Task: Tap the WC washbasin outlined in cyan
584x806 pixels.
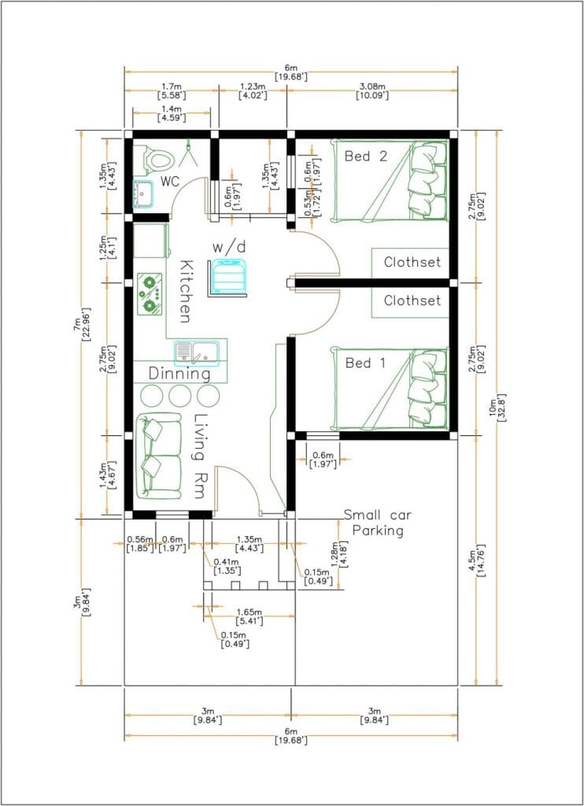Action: click(143, 194)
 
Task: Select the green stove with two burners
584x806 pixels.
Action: click(150, 294)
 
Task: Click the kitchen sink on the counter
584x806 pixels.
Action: click(197, 353)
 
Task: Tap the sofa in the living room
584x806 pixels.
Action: click(159, 456)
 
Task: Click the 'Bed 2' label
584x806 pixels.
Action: click(366, 157)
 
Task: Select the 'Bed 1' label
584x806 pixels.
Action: click(365, 363)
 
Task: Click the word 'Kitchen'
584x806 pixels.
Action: click(186, 291)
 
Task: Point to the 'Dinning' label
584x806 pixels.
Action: click(180, 374)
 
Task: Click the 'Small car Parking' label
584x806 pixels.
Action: click(378, 523)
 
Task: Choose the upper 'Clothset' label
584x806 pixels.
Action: click(412, 262)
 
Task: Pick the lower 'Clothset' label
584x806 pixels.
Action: click(412, 300)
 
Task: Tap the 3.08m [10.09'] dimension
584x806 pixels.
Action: click(372, 91)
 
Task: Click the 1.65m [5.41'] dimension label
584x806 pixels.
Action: click(249, 617)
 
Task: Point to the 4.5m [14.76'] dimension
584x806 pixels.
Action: click(481, 560)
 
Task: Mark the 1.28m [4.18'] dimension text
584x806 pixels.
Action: click(338, 553)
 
